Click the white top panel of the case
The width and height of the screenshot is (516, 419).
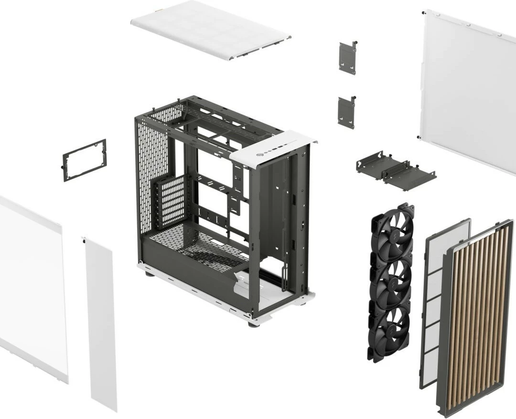(210, 29)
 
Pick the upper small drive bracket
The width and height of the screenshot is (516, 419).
(348, 58)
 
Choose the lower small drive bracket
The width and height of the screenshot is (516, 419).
(346, 112)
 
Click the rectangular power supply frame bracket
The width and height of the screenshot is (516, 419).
(85, 160)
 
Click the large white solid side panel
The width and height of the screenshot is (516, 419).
(468, 88)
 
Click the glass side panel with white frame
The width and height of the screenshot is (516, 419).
(31, 286)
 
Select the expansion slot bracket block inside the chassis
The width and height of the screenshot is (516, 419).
(170, 200)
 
